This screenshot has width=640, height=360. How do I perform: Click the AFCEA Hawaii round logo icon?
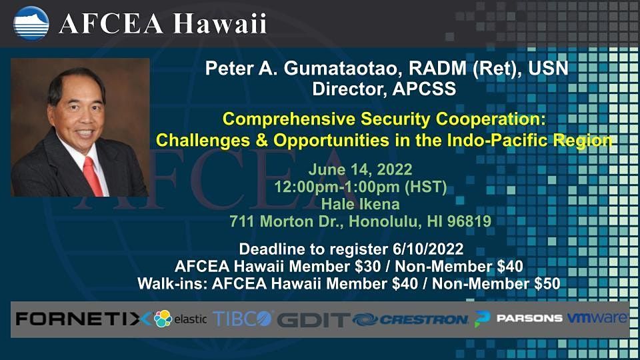click(31, 23)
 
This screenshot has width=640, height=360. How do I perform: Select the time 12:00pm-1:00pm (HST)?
click(359, 186)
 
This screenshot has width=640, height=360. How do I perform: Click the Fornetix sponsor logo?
click(83, 319)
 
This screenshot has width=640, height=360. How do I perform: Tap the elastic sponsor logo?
click(181, 319)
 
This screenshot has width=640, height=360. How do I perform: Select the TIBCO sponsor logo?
click(243, 318)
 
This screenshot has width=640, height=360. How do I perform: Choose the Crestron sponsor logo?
click(411, 319)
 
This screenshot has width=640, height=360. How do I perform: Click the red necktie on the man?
click(93, 175)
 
